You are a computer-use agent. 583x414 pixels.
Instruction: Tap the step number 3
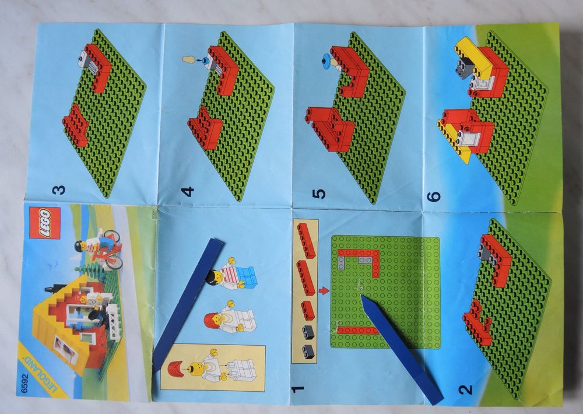pyautogui.click(x=59, y=190)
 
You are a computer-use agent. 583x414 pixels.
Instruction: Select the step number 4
pyautogui.click(x=188, y=192)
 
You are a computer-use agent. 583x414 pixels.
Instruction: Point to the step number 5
pyautogui.click(x=319, y=194)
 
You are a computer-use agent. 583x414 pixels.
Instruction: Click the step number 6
pyautogui.click(x=434, y=196)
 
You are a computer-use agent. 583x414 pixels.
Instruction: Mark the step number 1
pyautogui.click(x=298, y=390)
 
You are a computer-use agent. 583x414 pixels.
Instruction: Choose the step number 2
pyautogui.click(x=465, y=390)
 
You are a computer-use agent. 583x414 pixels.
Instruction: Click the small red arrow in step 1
pyautogui.click(x=324, y=290)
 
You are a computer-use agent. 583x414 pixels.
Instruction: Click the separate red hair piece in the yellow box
pyautogui.click(x=175, y=369)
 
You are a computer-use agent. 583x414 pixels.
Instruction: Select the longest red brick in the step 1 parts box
pyautogui.click(x=306, y=240)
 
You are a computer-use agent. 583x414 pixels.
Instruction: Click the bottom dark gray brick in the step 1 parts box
pyautogui.click(x=308, y=351)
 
